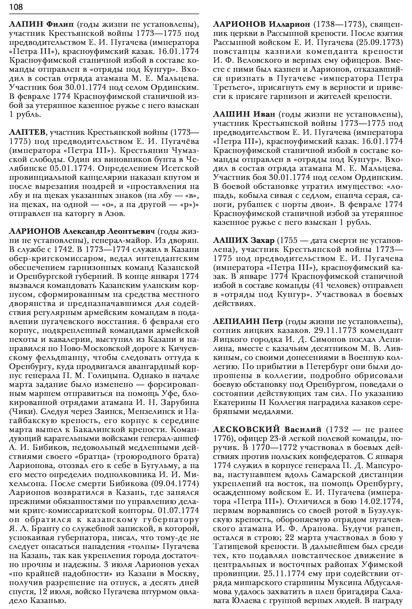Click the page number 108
(x=16, y=7)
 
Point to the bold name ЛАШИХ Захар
(x=244, y=240)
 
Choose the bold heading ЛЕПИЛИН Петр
(x=248, y=322)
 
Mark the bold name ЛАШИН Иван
(x=244, y=114)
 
